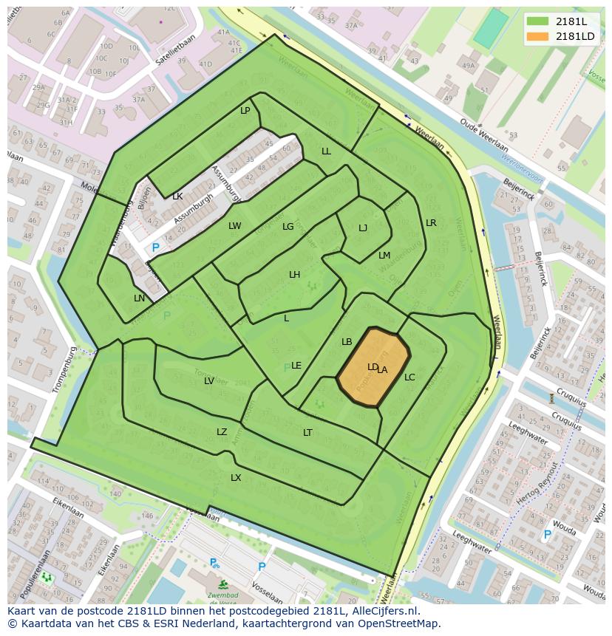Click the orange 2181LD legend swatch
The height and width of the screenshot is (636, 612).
pyautogui.click(x=540, y=36)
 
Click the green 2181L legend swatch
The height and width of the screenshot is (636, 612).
pyautogui.click(x=540, y=21)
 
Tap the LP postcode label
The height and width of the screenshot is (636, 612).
pyautogui.click(x=245, y=111)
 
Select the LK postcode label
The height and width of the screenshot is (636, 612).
pyautogui.click(x=177, y=196)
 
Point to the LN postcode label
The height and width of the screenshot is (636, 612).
pyautogui.click(x=139, y=298)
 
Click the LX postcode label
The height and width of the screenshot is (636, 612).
pyautogui.click(x=236, y=478)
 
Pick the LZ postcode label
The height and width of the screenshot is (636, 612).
pyautogui.click(x=222, y=432)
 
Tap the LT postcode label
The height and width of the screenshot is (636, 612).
pyautogui.click(x=307, y=433)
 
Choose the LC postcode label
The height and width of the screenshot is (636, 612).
pyautogui.click(x=409, y=377)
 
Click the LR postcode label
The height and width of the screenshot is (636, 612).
pyautogui.click(x=431, y=223)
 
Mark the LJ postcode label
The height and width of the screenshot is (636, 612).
pyautogui.click(x=363, y=228)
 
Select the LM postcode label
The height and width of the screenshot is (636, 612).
pyautogui.click(x=384, y=256)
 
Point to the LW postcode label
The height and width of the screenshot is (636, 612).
pyautogui.click(x=235, y=226)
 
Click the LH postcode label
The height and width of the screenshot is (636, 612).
pyautogui.click(x=294, y=275)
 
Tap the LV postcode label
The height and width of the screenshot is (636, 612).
pyautogui.click(x=209, y=381)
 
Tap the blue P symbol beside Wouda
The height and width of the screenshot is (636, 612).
pyautogui.click(x=547, y=535)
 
